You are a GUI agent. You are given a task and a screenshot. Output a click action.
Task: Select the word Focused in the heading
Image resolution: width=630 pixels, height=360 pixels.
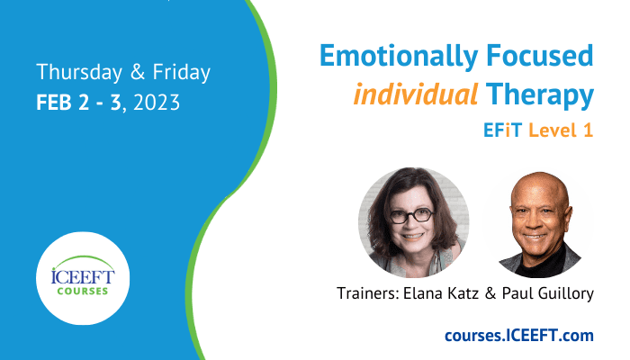click(540, 56)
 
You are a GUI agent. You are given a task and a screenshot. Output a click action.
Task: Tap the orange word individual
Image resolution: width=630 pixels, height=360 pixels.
click(416, 94)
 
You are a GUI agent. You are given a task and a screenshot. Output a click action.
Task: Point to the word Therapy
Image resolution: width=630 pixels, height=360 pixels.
click(540, 95)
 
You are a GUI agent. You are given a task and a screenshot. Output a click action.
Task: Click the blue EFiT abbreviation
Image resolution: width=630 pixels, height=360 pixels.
click(502, 130)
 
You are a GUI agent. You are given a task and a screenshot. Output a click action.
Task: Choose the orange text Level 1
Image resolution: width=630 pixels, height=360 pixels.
click(561, 130)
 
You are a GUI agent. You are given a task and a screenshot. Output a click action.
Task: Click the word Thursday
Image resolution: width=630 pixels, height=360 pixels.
click(79, 72)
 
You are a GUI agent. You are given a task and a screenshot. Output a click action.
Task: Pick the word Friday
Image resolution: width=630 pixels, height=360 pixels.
click(181, 72)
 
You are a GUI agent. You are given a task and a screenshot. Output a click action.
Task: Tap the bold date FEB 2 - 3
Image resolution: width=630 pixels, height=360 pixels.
click(78, 103)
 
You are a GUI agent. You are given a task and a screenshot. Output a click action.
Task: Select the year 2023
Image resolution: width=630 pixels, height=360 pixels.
click(157, 103)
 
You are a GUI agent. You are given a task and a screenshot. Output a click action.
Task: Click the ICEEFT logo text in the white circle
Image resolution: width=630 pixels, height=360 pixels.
click(83, 277)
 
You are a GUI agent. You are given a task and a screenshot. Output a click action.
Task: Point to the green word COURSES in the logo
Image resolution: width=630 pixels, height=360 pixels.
click(83, 292)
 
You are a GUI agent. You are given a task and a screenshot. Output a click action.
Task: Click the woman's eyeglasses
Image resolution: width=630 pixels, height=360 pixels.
click(411, 216)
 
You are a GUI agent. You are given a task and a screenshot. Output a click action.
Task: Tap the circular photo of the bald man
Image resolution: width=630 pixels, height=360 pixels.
click(538, 223)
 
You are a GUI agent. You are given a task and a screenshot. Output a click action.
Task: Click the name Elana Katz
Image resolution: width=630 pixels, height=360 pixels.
click(441, 293)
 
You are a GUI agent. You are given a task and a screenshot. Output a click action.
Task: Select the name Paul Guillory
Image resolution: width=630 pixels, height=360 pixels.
click(547, 293)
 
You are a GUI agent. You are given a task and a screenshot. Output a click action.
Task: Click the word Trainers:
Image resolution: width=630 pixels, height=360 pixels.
click(367, 293)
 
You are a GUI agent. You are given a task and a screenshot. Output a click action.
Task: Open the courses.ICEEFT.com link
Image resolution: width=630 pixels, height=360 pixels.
click(519, 336)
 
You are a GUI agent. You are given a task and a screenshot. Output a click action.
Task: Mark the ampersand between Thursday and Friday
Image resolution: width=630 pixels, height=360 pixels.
click(138, 72)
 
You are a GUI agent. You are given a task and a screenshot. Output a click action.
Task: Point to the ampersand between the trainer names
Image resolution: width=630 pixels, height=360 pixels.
click(490, 293)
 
